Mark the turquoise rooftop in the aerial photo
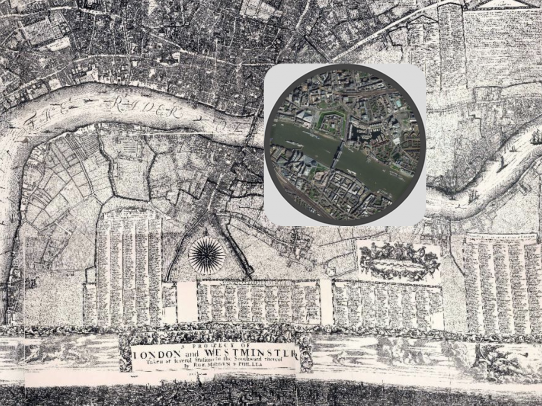click(x=398, y=105)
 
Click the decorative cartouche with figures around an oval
click(x=400, y=261)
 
